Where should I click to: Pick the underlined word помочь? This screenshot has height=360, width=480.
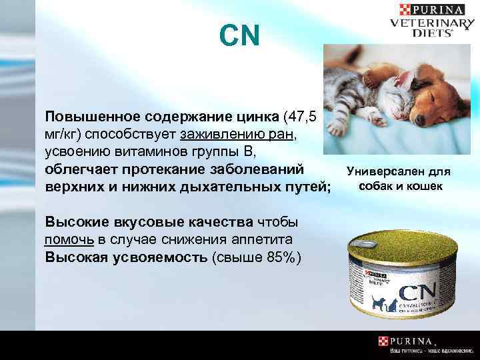pyautogui.click(x=68, y=239)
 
